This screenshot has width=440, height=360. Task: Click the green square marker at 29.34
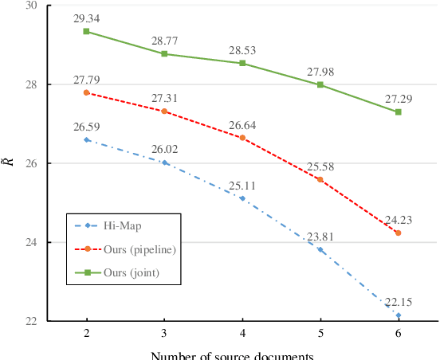coord(86,31)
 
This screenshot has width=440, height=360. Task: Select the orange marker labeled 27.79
coord(86,92)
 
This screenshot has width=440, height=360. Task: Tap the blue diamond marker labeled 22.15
coord(398,315)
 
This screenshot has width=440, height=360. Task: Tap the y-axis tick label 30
coord(32,6)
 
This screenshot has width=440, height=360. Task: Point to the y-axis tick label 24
coord(32,242)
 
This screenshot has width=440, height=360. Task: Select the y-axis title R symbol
coord(8,163)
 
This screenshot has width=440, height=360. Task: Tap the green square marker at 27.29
coord(398,112)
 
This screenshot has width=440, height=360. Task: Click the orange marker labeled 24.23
coord(398,233)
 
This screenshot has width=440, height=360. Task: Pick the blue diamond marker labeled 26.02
coord(164,162)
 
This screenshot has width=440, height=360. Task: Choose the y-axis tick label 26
coord(32,163)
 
